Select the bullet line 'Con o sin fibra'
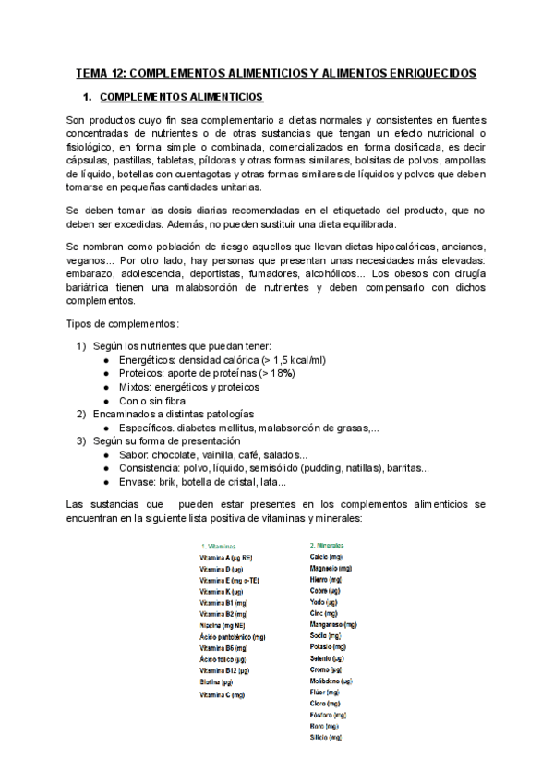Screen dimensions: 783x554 [152, 401]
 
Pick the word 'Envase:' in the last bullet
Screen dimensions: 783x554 [139, 482]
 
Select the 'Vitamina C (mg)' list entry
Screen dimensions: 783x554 [222, 694]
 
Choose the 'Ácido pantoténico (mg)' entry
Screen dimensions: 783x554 [232, 636]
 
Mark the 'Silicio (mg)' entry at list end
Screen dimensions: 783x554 [326, 738]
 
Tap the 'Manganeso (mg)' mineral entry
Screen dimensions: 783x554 [333, 624]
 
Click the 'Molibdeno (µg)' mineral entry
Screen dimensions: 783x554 [331, 681]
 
